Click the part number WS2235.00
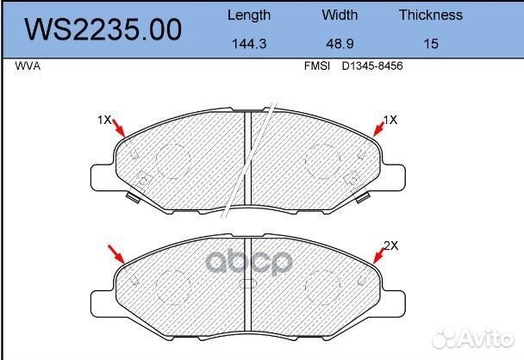pos(103,30)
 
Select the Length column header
pos(249,16)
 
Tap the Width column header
pos(340,15)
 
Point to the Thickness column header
pos(431,15)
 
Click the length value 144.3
pos(249,44)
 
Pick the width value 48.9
pos(340,44)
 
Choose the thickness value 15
pos(431,44)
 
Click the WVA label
pos(28,66)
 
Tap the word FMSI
pos(317,65)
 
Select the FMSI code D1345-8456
pos(372,65)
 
